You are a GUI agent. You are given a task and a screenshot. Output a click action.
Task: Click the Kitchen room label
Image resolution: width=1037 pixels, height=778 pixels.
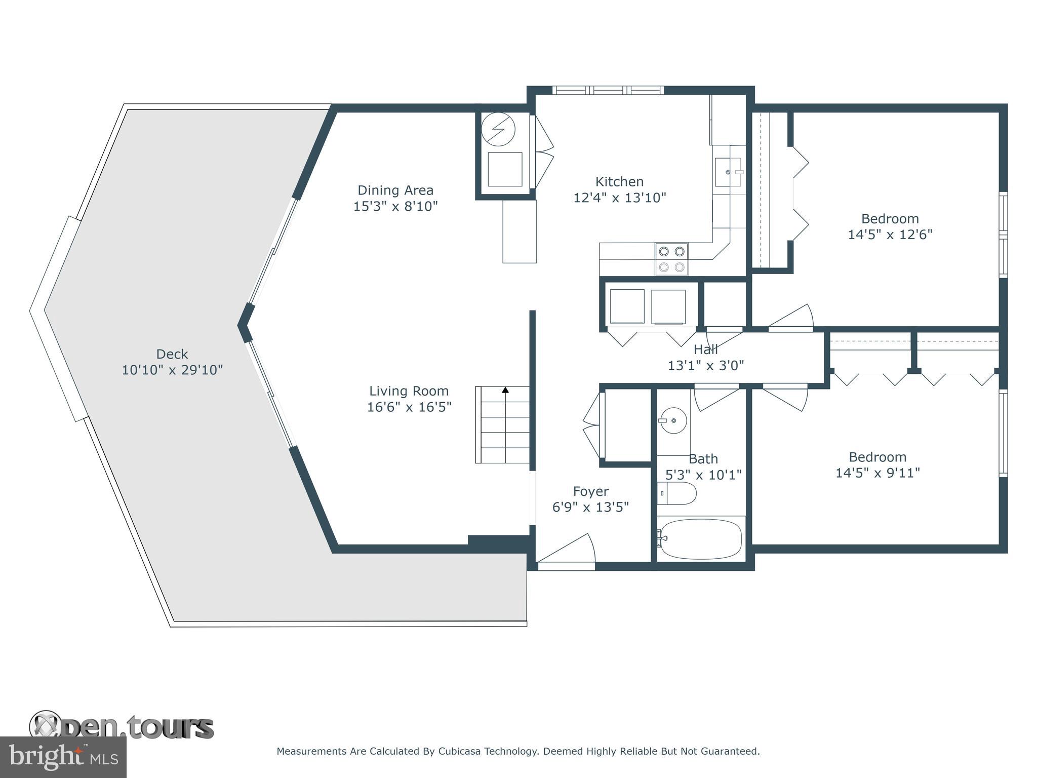pyautogui.click(x=619, y=181)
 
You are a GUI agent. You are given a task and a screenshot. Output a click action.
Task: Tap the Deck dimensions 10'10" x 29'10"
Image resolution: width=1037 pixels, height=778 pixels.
pyautogui.click(x=172, y=370)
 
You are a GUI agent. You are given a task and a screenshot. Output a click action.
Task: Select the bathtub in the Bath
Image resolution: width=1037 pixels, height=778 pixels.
pyautogui.click(x=701, y=539)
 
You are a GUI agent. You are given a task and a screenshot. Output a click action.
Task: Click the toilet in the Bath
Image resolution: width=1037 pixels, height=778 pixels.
pyautogui.click(x=677, y=493)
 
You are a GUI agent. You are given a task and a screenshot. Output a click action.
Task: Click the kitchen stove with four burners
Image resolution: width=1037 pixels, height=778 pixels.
pyautogui.click(x=671, y=259)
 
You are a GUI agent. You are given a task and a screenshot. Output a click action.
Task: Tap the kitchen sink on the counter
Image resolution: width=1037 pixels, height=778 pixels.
pyautogui.click(x=728, y=172)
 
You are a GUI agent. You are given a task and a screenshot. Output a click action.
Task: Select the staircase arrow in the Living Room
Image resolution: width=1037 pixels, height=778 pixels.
pyautogui.click(x=505, y=390)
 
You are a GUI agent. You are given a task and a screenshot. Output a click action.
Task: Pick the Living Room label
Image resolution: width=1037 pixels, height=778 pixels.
pyautogui.click(x=409, y=391)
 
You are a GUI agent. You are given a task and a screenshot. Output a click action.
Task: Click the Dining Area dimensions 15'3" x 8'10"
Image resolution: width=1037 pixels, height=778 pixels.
pyautogui.click(x=395, y=206)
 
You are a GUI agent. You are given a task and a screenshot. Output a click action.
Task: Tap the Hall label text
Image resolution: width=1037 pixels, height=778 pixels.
pyautogui.click(x=706, y=349)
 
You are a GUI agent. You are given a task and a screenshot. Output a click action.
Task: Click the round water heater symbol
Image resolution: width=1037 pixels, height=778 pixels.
pyautogui.click(x=498, y=129)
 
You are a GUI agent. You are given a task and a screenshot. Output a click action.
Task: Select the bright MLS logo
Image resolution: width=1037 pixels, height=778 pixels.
pyautogui.click(x=63, y=757)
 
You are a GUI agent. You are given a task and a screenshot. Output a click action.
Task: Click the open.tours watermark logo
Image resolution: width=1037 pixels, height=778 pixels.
pyautogui.click(x=122, y=727)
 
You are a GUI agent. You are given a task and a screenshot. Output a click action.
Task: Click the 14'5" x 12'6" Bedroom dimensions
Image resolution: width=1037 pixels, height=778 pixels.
pyautogui.click(x=890, y=235)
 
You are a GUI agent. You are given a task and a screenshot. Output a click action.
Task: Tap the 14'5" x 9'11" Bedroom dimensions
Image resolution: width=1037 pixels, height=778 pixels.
pyautogui.click(x=877, y=473)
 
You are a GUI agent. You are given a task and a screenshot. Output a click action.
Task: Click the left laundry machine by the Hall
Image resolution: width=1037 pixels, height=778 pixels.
pyautogui.click(x=627, y=306)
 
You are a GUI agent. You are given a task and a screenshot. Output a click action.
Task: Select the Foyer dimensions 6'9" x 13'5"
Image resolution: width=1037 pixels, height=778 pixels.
pyautogui.click(x=590, y=507)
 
